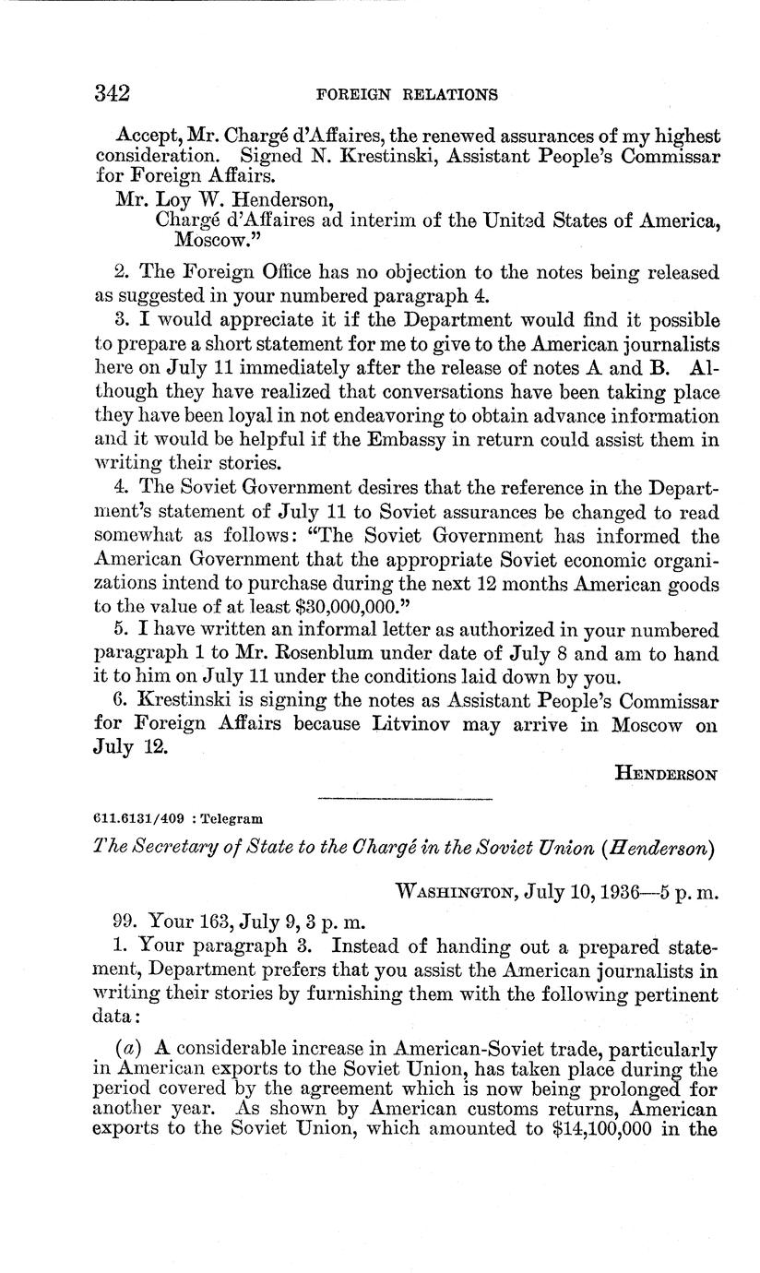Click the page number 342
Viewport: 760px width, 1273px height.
click(112, 93)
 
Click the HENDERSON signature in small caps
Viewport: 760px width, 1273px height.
click(666, 776)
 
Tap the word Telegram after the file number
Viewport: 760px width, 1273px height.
click(232, 818)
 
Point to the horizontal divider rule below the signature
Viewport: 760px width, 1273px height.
click(404, 798)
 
